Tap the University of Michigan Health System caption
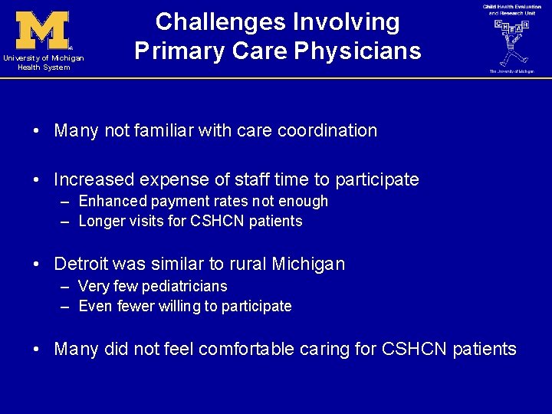pyautogui.click(x=43, y=63)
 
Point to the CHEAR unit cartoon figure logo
pyautogui.click(x=511, y=42)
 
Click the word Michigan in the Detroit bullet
pyautogui.click(x=308, y=264)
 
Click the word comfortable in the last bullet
pyautogui.click(x=246, y=350)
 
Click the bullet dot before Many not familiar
pyautogui.click(x=37, y=131)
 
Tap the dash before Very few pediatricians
pyautogui.click(x=64, y=287)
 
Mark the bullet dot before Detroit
pyautogui.click(x=37, y=264)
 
